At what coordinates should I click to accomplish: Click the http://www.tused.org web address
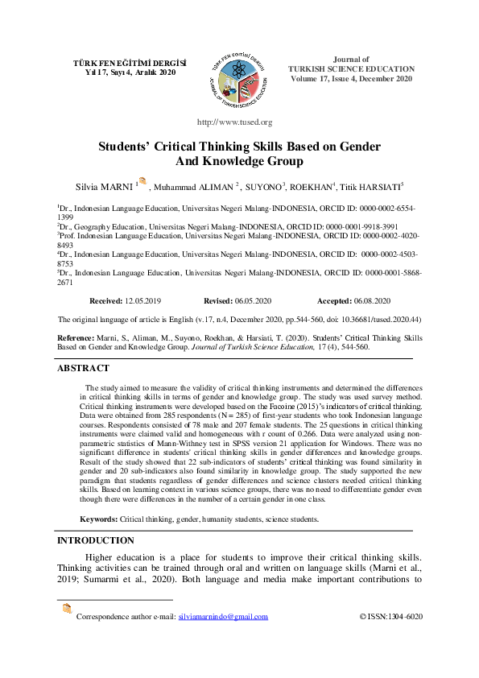coord(235,122)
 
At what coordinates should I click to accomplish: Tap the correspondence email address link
coord(223,617)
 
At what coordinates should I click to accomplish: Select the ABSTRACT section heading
coord(83,368)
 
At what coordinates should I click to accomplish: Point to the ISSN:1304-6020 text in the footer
coord(390,617)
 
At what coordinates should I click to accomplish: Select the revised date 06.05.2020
coord(251,300)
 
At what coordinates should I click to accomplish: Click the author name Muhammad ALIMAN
coord(192,187)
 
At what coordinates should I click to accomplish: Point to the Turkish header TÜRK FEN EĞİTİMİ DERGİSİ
coord(130,62)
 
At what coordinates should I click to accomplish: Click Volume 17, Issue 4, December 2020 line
coord(351,79)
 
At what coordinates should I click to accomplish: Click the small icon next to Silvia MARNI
coord(142,182)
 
